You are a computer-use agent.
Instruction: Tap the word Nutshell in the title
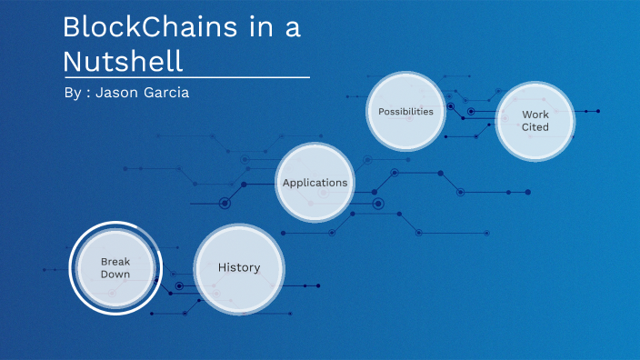click(x=123, y=60)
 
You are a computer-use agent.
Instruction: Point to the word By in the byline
click(x=73, y=94)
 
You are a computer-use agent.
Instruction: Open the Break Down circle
click(x=115, y=268)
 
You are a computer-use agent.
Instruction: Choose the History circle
click(x=240, y=268)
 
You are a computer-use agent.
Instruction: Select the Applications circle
click(x=315, y=183)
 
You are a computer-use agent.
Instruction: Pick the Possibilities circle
click(x=405, y=112)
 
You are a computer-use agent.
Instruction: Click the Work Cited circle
click(x=535, y=121)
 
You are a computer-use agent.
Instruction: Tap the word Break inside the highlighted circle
click(x=115, y=262)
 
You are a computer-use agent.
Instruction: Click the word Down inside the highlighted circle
click(x=115, y=275)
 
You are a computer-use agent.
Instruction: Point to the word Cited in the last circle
click(x=535, y=127)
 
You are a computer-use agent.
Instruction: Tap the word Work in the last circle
click(x=535, y=115)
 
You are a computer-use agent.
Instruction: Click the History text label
click(x=239, y=268)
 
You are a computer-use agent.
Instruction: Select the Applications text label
click(x=315, y=183)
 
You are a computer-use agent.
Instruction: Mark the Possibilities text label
click(x=405, y=112)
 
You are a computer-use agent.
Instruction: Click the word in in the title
click(x=263, y=27)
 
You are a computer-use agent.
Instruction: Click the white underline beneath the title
click(x=186, y=76)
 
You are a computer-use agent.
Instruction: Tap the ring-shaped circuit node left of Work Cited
click(x=470, y=112)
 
